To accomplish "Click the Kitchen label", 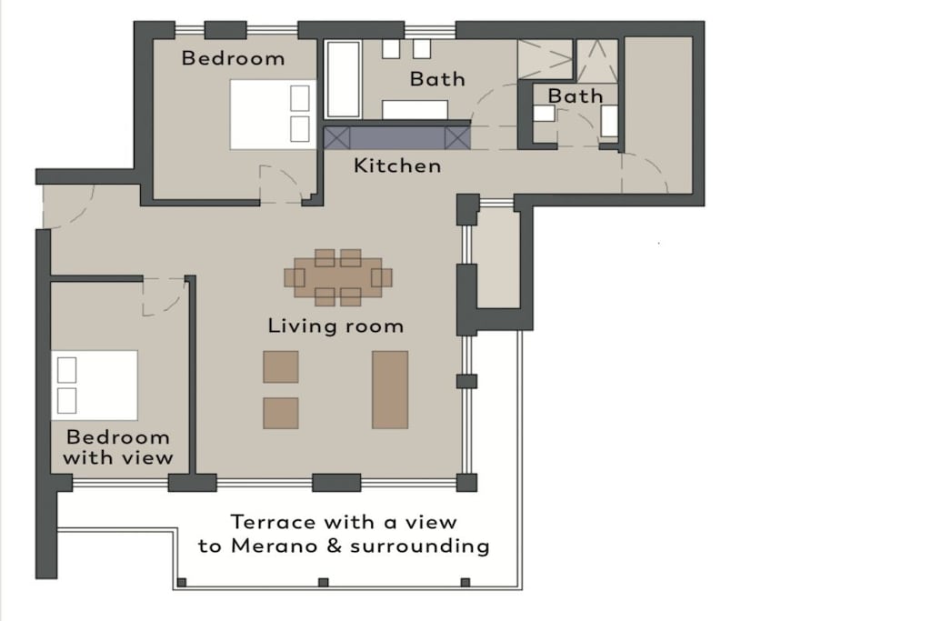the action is (397, 165).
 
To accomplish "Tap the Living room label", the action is (335, 326).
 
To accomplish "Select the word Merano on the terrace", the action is (275, 545).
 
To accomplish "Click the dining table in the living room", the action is (338, 277).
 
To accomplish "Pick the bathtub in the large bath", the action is (343, 79).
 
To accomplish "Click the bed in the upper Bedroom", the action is (273, 115).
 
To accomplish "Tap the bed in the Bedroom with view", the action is (95, 386).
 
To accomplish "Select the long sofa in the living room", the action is (390, 389).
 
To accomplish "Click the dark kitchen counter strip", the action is (397, 137).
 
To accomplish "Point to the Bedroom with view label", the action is (118, 447).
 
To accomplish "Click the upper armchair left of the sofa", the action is (281, 367).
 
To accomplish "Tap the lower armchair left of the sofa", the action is (281, 413).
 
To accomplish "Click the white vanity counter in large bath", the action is (415, 109).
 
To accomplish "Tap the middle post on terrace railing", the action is (324, 583).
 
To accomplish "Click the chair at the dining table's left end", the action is (294, 277).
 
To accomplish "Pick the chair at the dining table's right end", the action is (382, 277).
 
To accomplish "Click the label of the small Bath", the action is (575, 95).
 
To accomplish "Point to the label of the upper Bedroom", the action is (233, 58).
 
